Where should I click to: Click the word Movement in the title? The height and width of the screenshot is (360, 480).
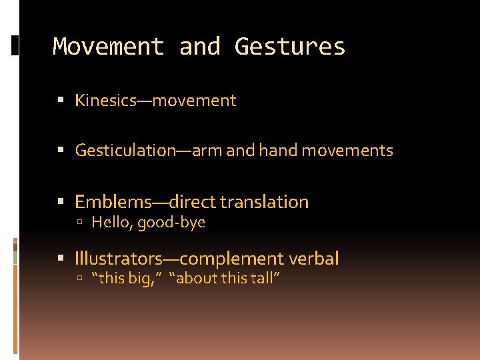[108, 47]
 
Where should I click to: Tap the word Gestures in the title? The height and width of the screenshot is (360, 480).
[290, 47]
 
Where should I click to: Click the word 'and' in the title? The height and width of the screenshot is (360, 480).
[199, 47]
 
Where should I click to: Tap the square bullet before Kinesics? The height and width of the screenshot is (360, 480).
[61, 101]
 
